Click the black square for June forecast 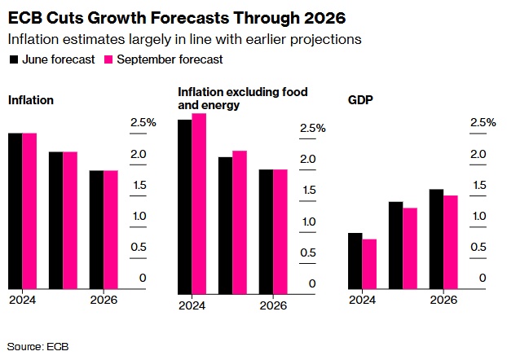click(x=13, y=59)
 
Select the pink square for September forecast click(x=109, y=59)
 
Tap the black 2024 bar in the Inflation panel click(x=15, y=210)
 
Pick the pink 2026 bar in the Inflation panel click(x=111, y=229)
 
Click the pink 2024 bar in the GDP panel click(x=370, y=263)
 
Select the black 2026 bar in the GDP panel click(x=436, y=239)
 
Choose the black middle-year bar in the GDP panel click(x=395, y=244)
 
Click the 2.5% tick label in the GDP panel click(x=482, y=123)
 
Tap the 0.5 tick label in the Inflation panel click(x=139, y=247)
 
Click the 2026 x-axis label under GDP click(x=443, y=300)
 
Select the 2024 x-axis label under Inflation click(x=22, y=300)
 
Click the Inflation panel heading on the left click(x=30, y=100)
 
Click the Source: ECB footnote click(x=38, y=346)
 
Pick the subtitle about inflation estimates click(x=183, y=39)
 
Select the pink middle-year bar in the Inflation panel click(x=70, y=220)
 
